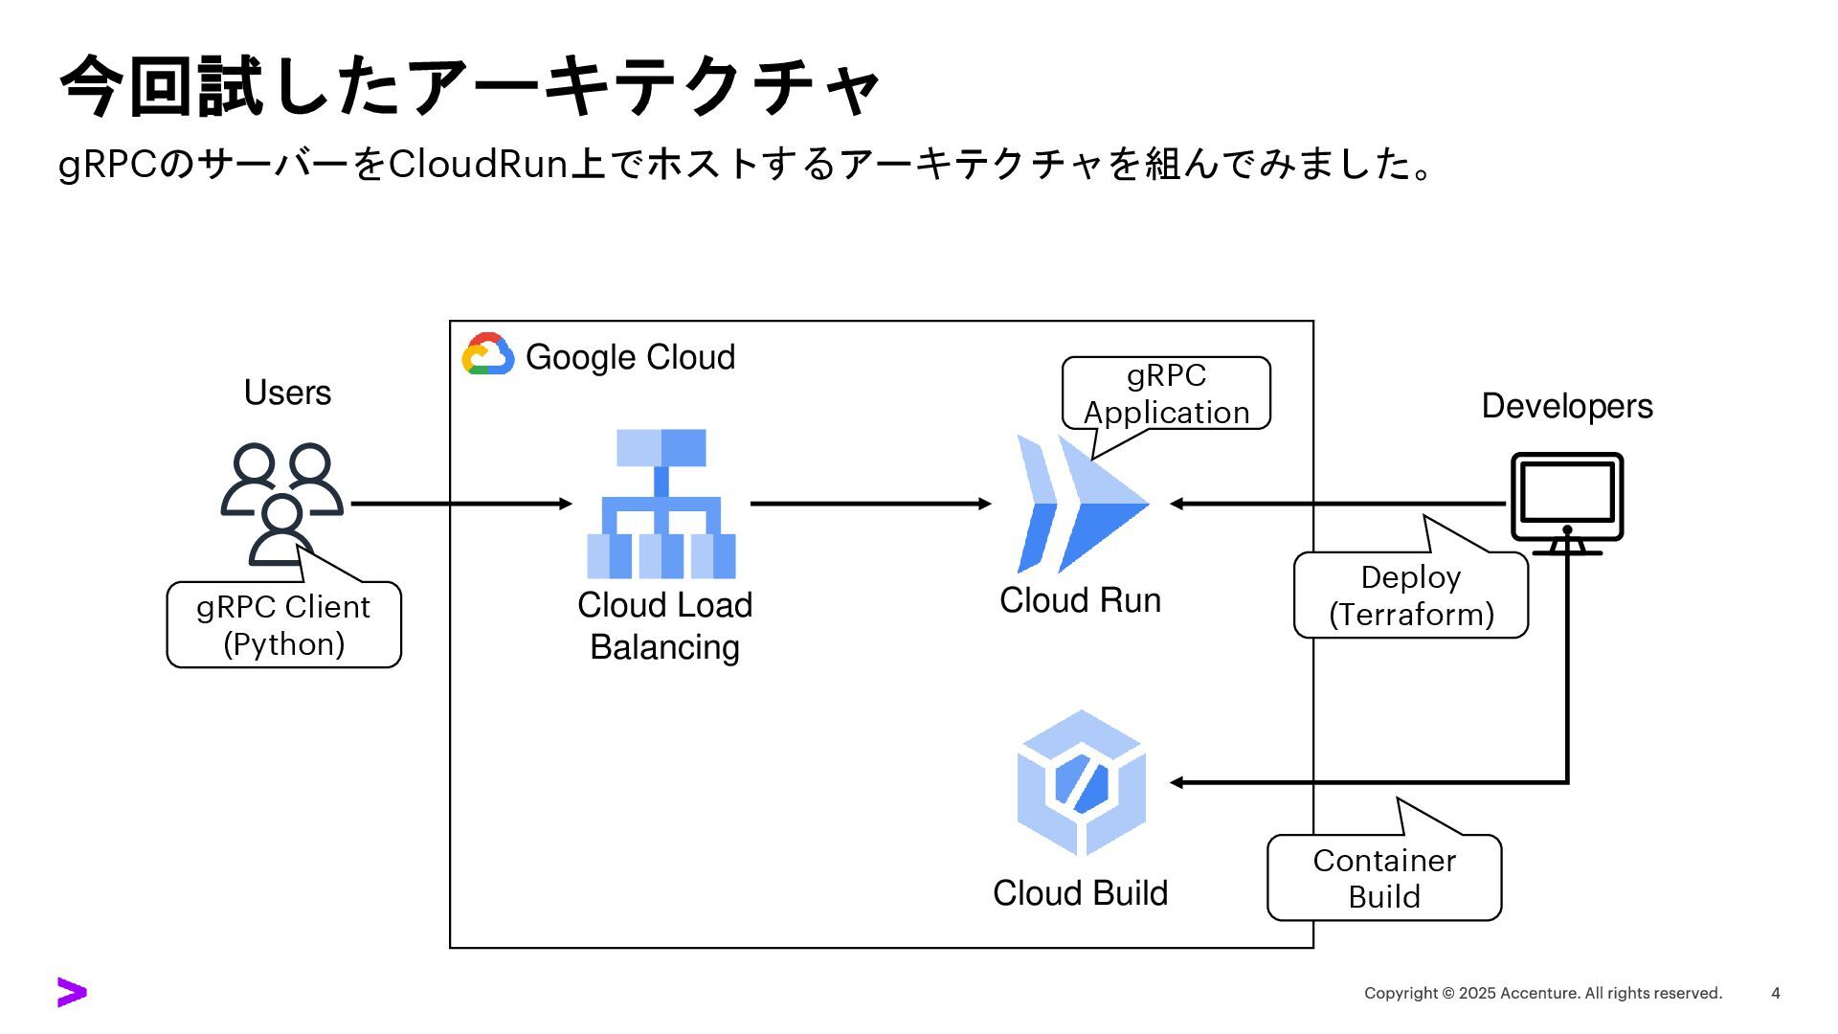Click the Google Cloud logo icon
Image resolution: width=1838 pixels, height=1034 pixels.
[x=488, y=354]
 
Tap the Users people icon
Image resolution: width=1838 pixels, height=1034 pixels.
[x=282, y=504]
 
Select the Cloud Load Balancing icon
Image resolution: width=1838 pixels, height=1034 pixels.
[x=661, y=504]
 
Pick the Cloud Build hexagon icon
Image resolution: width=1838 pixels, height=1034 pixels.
[x=1082, y=783]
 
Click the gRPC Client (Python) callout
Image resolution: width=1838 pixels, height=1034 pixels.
[x=283, y=625]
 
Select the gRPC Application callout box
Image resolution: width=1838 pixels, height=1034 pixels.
[x=1166, y=393]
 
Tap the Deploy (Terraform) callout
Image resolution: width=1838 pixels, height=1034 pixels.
[x=1411, y=596]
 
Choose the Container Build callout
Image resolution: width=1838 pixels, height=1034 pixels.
[x=1384, y=878]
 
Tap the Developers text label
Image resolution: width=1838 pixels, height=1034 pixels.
[x=1567, y=406]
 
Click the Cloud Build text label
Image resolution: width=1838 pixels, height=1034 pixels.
[x=1080, y=893]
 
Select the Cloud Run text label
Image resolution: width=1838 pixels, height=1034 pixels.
[x=1080, y=600]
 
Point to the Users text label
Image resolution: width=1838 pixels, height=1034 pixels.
[x=287, y=393]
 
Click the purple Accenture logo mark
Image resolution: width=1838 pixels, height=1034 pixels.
[x=72, y=993]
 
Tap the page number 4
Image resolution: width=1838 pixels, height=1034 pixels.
[x=1776, y=994]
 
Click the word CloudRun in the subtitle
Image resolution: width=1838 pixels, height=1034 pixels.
[x=479, y=165]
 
